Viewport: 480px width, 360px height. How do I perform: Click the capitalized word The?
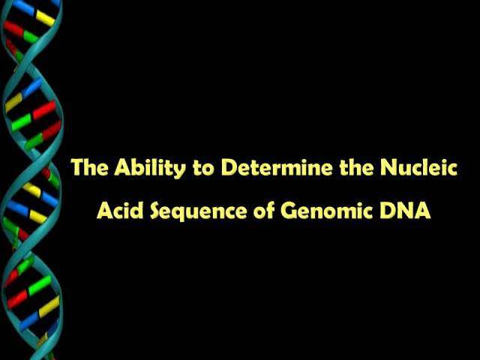tap(90, 166)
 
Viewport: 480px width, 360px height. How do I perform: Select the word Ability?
tap(150, 168)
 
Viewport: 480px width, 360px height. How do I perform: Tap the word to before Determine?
tap(203, 168)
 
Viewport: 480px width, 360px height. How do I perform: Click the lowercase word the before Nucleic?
tap(357, 166)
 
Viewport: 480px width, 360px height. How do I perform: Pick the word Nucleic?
tap(418, 166)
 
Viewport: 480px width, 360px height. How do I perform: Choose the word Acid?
tap(120, 210)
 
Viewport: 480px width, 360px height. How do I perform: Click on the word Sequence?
tap(199, 211)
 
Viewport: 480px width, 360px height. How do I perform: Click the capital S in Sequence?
tap(156, 211)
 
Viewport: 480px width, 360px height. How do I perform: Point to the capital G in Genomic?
tap(288, 211)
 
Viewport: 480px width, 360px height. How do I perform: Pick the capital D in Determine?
tap(229, 167)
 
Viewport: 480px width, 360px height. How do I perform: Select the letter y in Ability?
tap(179, 171)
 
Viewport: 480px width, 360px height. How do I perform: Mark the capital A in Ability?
tap(123, 167)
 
